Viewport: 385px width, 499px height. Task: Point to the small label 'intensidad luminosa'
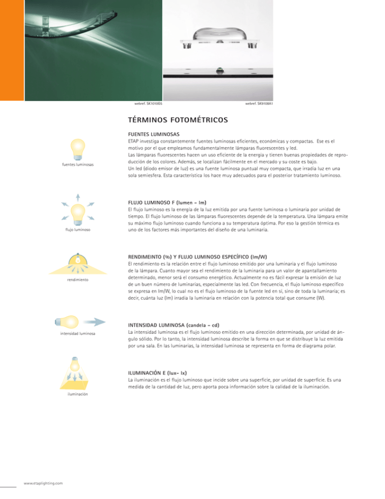(78, 333)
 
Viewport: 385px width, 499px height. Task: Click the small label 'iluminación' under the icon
(78, 395)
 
